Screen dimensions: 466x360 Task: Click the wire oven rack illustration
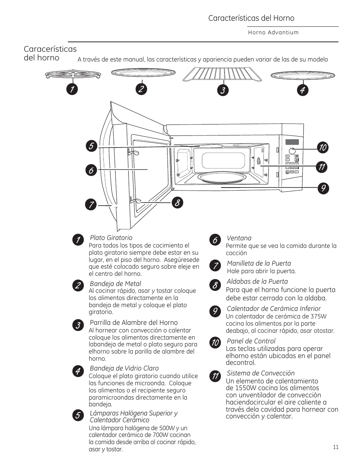[x=222, y=74]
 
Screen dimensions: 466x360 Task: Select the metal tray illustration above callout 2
[x=143, y=74]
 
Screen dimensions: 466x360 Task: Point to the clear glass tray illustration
[x=303, y=75]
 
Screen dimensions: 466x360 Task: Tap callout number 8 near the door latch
[x=177, y=203]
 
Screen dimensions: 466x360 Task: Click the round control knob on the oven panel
[x=292, y=151]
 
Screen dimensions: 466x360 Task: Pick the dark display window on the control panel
[x=292, y=142]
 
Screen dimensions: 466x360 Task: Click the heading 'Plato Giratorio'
[x=111, y=238]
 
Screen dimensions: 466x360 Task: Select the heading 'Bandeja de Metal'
[x=115, y=284]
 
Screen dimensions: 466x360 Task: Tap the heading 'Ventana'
[x=239, y=238]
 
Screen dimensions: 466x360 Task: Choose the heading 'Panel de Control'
[x=251, y=341]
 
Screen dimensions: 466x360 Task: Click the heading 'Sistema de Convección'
[x=260, y=373]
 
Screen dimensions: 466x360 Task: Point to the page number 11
[x=336, y=447]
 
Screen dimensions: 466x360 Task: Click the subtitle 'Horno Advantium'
[x=273, y=32]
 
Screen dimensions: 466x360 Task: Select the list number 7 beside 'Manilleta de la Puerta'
[x=215, y=266]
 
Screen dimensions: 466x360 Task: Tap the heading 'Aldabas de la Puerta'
[x=257, y=281]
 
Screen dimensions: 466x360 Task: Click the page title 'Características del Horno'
[x=251, y=18]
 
